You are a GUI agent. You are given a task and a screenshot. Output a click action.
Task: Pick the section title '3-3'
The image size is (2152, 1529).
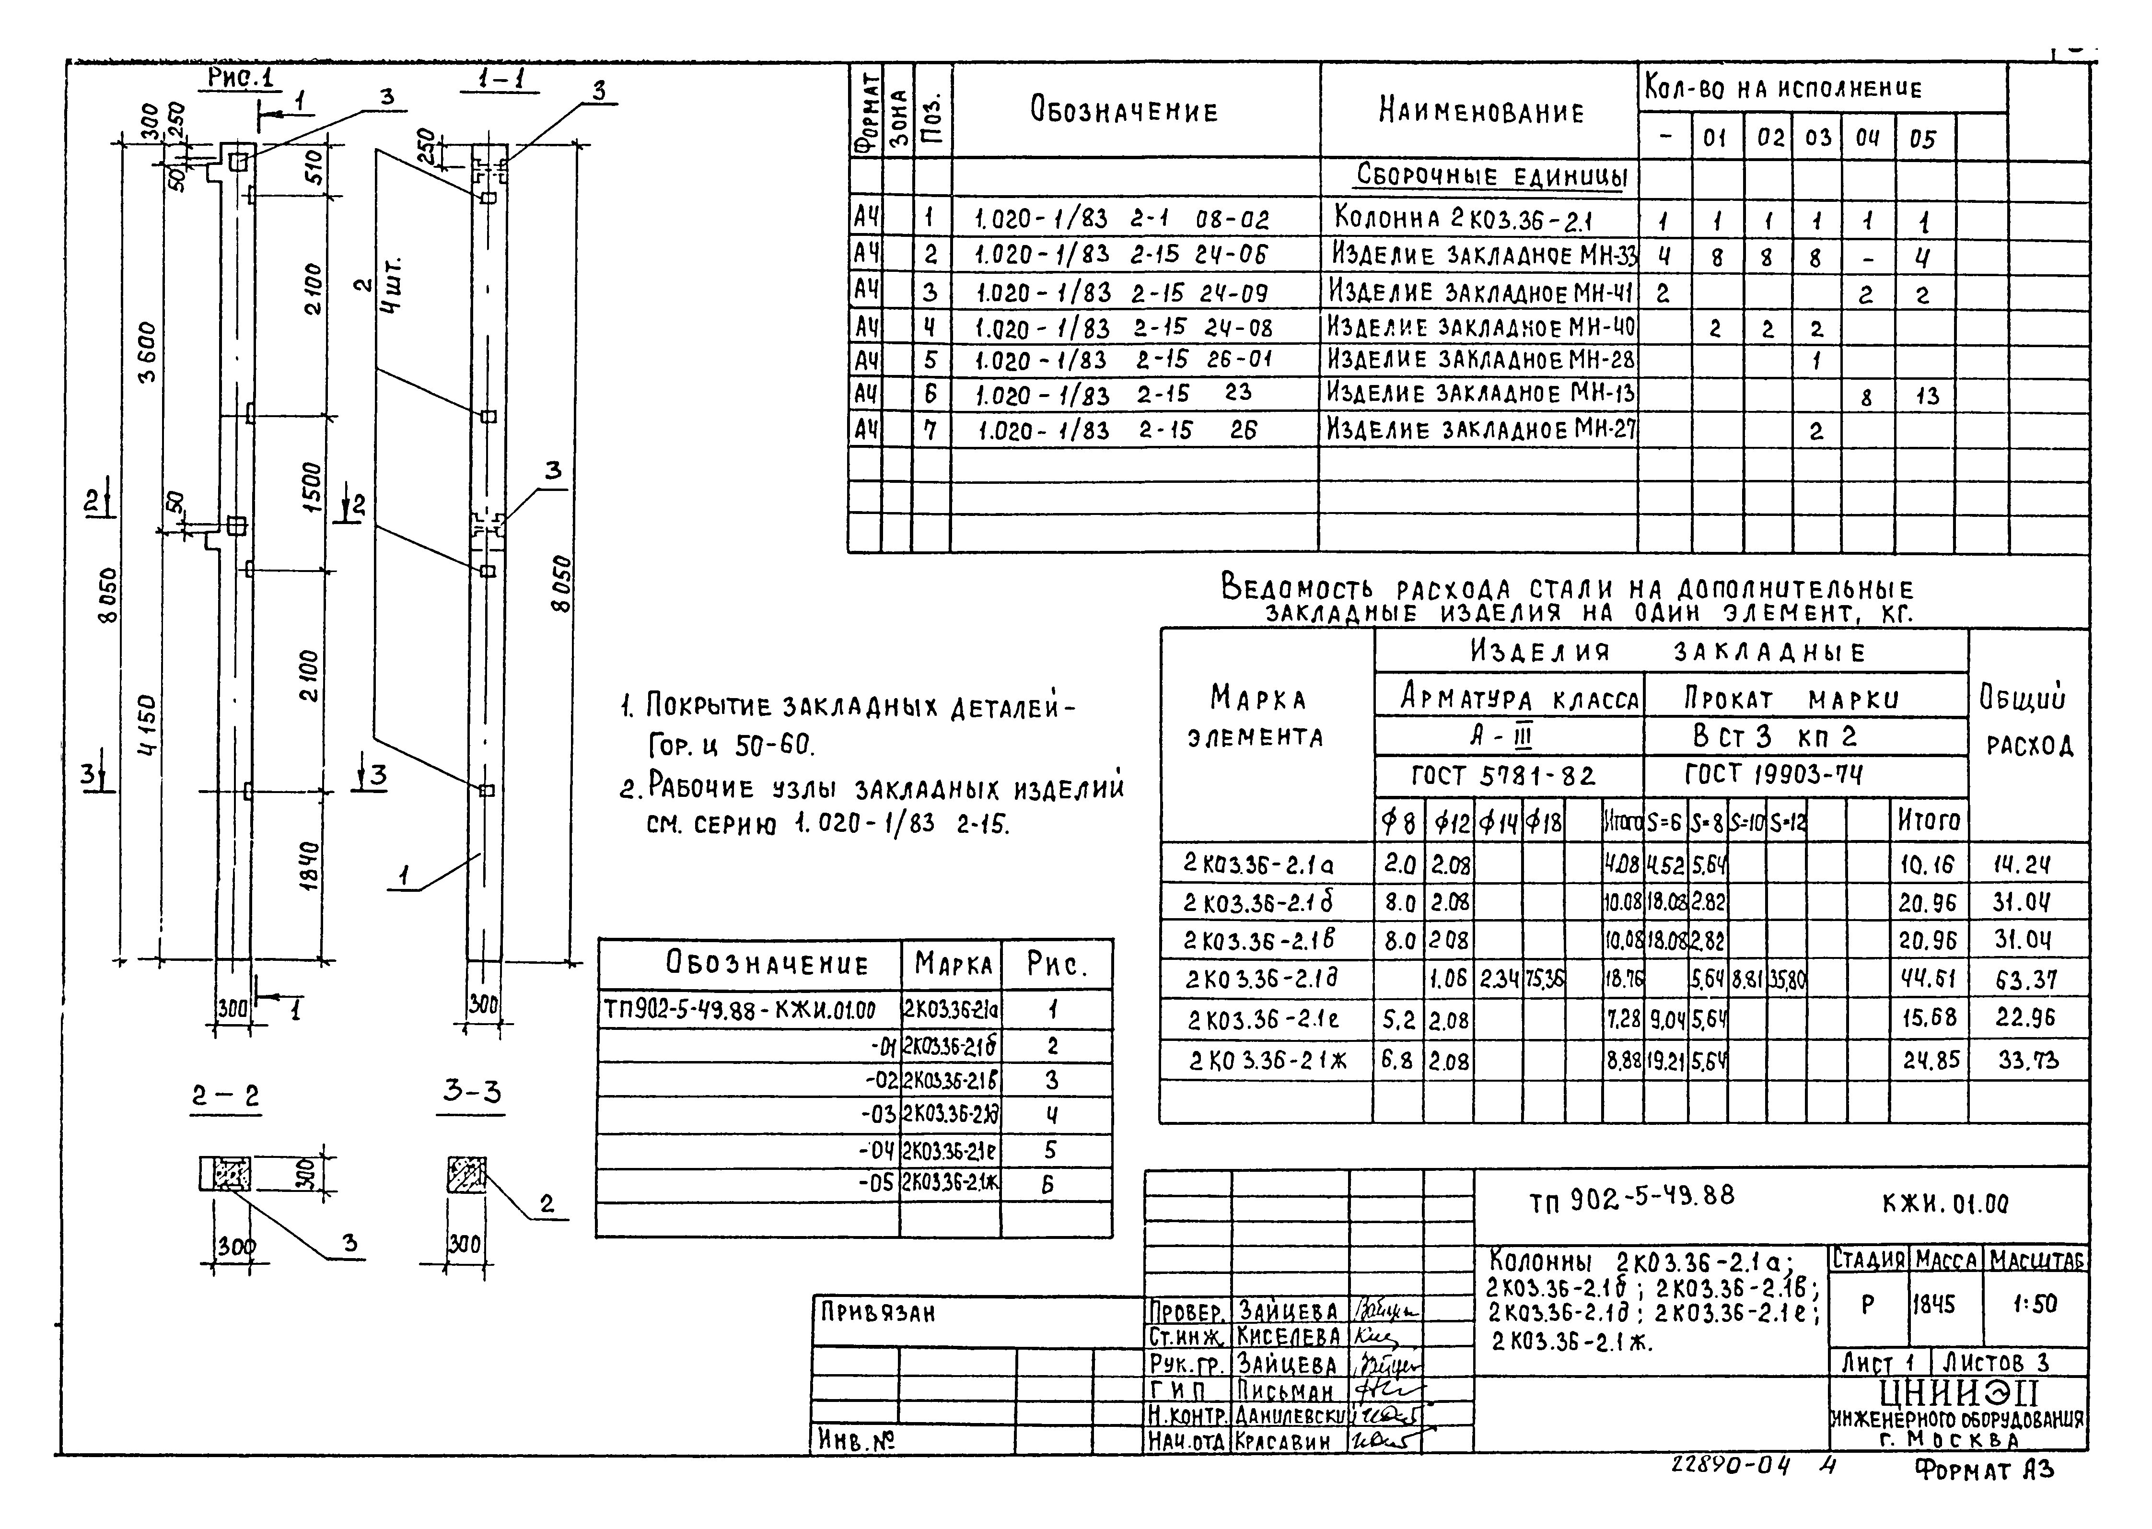pos(472,1092)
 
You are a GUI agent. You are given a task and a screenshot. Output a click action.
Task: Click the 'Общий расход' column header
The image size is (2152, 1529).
pos(2029,722)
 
